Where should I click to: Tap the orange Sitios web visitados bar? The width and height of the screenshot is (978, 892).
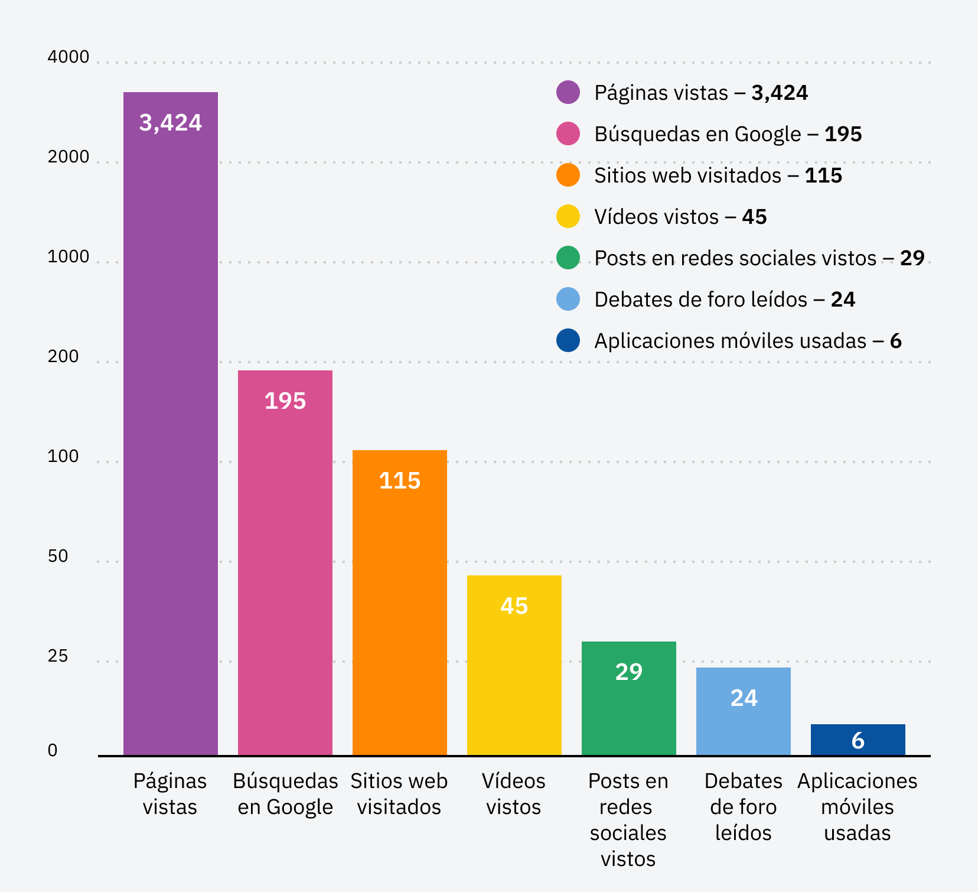(399, 603)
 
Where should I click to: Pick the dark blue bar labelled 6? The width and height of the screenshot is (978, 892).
(858, 740)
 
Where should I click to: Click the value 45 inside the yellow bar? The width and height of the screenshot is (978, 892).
(514, 606)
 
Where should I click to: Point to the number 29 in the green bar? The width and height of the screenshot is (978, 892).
(628, 672)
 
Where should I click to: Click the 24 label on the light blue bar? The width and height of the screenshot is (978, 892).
(744, 698)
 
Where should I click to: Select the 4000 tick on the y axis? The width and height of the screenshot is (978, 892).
(68, 57)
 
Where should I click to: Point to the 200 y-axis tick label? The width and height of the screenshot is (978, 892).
(63, 357)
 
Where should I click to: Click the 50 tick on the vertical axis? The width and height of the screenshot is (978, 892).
(58, 556)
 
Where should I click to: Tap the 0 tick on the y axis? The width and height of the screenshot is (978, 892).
(53, 750)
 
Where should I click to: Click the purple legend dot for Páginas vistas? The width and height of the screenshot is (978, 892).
(568, 92)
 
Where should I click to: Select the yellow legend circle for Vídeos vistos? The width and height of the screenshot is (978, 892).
(568, 216)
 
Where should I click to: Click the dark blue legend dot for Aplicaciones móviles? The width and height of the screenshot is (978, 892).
(568, 340)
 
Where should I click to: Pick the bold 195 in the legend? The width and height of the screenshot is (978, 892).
(843, 134)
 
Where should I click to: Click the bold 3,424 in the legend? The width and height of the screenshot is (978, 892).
(779, 93)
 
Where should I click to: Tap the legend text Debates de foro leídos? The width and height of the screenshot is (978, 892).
(700, 299)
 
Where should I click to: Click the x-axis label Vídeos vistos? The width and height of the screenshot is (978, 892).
(513, 794)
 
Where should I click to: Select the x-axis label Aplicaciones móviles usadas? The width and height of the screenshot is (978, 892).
(857, 807)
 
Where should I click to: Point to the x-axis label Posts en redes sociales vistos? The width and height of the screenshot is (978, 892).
(628, 820)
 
